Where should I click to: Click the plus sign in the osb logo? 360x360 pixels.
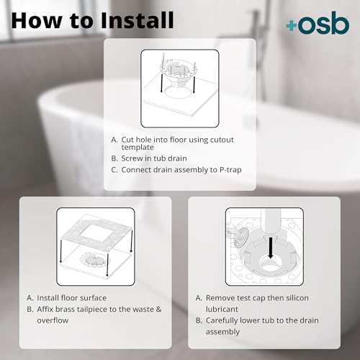pyautogui.click(x=290, y=25)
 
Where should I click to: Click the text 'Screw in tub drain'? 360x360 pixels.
pyautogui.click(x=157, y=158)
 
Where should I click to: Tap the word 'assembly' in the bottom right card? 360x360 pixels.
pyautogui.click(x=225, y=331)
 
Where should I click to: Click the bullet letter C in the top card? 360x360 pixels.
pyautogui.click(x=114, y=171)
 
